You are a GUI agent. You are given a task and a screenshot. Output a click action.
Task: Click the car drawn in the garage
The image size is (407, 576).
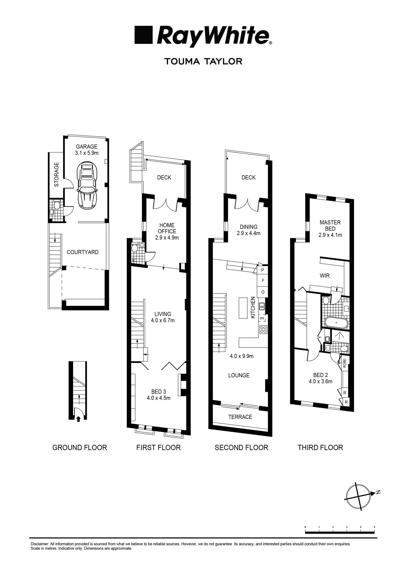[87, 185]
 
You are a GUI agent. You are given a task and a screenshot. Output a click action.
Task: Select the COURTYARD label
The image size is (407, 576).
[82, 252]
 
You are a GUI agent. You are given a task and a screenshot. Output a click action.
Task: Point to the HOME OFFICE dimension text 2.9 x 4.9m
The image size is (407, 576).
[167, 238]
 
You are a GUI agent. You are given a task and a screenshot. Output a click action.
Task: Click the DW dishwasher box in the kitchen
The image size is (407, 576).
[262, 318]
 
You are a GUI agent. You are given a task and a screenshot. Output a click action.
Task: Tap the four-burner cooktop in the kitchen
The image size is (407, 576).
[263, 329]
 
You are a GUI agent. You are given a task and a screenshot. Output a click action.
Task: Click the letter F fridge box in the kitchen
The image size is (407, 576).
[263, 281]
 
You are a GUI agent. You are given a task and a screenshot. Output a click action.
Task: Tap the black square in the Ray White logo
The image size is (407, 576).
[144, 35]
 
